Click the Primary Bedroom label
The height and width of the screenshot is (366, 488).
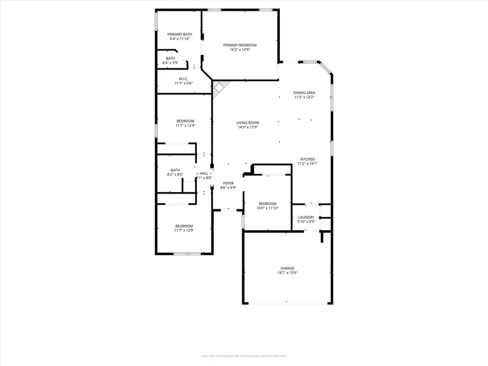(x=240, y=45)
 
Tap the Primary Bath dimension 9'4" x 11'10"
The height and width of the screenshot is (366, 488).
(x=180, y=39)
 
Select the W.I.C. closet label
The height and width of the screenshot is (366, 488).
(x=184, y=79)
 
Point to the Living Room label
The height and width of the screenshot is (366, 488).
(x=247, y=123)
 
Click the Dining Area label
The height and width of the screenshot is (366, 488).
(x=304, y=93)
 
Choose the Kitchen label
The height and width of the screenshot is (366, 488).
(x=307, y=159)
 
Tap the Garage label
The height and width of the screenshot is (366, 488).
(x=287, y=268)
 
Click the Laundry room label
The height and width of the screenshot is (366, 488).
(x=306, y=216)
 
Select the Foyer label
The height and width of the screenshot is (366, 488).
(x=228, y=183)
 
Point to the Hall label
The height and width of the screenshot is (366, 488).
(x=204, y=173)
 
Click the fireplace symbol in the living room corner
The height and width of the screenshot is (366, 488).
(x=220, y=88)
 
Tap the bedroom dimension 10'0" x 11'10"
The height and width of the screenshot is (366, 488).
(x=267, y=208)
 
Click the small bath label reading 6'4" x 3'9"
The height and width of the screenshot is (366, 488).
(x=171, y=63)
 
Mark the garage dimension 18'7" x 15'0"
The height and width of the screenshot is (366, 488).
(x=287, y=273)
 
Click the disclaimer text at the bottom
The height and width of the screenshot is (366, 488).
(x=243, y=356)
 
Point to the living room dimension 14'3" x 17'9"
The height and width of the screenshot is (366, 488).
(x=247, y=127)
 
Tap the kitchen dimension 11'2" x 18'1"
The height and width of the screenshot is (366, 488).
(x=307, y=164)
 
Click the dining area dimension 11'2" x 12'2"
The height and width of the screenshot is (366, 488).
(x=304, y=98)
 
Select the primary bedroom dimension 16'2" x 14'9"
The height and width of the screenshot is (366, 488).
(x=240, y=50)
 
